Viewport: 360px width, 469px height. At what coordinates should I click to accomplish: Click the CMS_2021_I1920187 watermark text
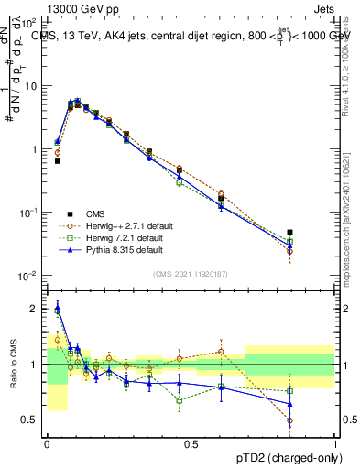click(190, 273)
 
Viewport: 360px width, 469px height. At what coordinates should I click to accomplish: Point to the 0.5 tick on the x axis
click(191, 444)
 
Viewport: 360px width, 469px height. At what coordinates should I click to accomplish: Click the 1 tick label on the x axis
click(335, 444)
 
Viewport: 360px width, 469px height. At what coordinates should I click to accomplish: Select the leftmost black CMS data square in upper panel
click(58, 161)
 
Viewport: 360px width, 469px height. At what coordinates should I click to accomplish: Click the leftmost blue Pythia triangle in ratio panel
click(58, 309)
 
